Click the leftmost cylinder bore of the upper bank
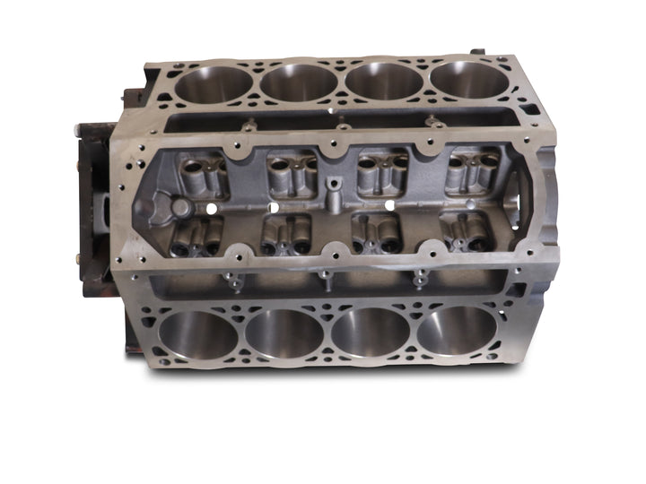214,84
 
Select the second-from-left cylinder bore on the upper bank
299,82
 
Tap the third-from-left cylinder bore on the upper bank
384,81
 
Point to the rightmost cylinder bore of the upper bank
468,80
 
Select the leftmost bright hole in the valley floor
212,208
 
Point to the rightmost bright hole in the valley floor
390,205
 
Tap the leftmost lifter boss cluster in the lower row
196,237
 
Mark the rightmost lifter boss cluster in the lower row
464,232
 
